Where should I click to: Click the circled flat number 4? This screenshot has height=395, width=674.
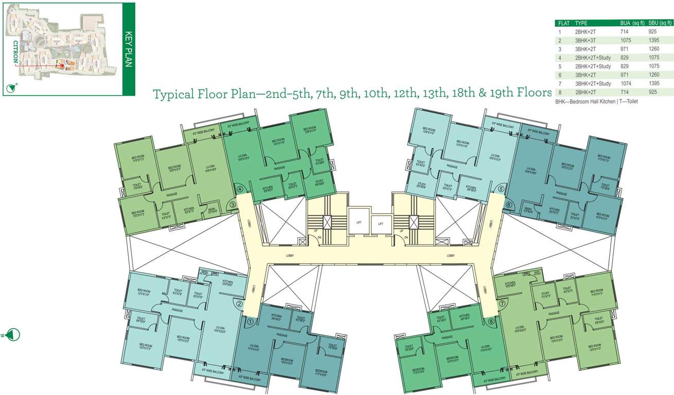239,188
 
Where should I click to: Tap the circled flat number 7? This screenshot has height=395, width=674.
502,303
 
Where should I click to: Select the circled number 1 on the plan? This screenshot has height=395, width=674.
250,322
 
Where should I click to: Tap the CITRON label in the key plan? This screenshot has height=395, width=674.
15,51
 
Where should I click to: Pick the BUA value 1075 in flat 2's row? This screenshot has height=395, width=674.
627,40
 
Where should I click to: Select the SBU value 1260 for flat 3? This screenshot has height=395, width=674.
655,49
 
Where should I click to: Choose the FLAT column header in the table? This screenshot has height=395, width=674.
564,23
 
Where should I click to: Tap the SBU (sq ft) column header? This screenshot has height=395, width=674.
660,23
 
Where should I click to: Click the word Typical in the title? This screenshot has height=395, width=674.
172,94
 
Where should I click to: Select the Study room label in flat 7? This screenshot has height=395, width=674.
546,295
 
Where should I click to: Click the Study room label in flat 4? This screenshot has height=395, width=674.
319,182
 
